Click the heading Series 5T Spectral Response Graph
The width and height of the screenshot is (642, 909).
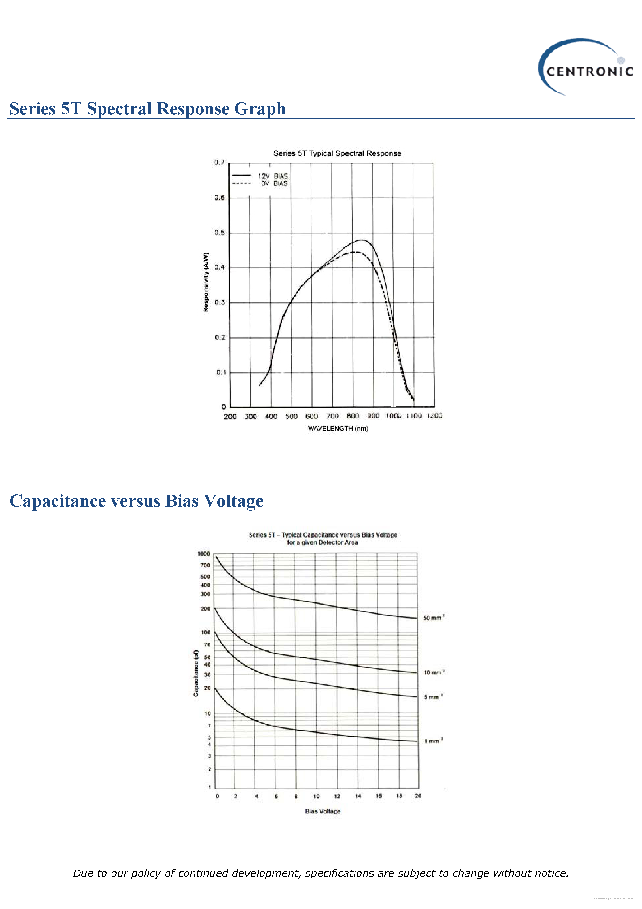pos(147,108)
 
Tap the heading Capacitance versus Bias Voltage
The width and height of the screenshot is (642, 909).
pos(136,501)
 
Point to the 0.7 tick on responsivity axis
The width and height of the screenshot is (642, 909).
pos(219,162)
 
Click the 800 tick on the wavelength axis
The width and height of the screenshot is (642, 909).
pos(353,416)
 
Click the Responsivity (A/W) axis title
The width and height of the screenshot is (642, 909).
pos(205,282)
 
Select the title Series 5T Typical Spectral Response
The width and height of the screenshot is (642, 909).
pos(337,153)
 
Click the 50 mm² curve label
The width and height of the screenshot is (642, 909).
pos(434,618)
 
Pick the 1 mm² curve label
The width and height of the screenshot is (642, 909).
pos(434,741)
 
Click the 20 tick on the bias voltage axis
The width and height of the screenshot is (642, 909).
pos(418,796)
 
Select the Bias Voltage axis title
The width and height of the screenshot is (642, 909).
pos(323,811)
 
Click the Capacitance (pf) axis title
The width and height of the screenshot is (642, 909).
pos(195,673)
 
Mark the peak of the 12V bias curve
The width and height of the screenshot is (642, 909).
pos(362,240)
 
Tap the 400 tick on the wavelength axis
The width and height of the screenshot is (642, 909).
pos(271,416)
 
